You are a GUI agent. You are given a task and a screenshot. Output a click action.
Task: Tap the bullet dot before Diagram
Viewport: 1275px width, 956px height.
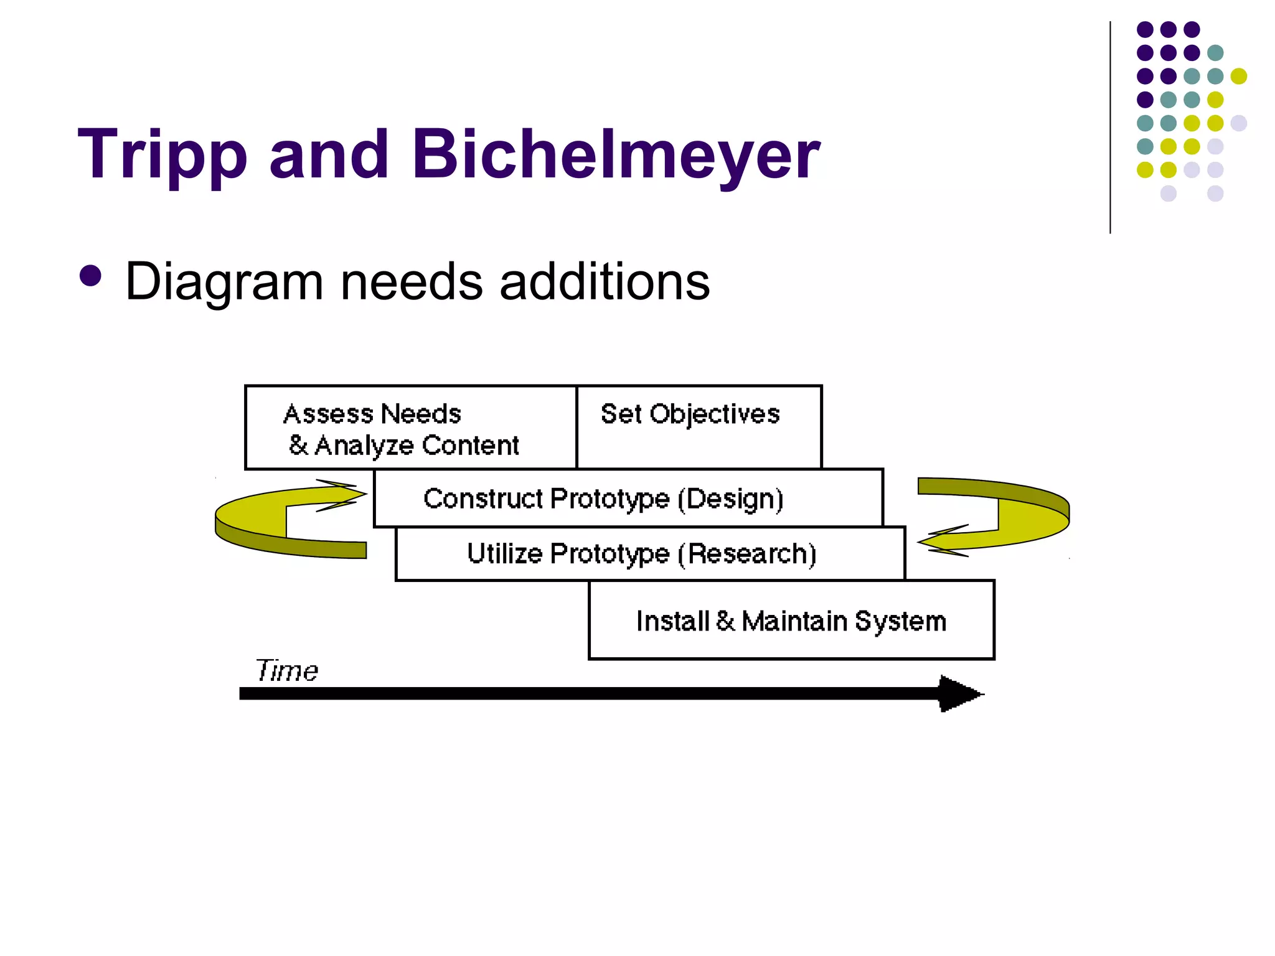coord(91,276)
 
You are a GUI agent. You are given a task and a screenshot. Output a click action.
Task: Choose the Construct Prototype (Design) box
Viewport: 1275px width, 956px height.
coord(628,499)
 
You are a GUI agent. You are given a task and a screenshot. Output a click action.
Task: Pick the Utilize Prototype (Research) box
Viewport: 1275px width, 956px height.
coord(650,554)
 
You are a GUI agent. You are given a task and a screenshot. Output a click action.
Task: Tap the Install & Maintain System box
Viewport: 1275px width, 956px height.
coord(791,621)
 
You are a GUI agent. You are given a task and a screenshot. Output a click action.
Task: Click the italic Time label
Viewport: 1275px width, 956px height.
coord(286,671)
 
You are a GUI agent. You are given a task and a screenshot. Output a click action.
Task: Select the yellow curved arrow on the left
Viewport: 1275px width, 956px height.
coord(261,523)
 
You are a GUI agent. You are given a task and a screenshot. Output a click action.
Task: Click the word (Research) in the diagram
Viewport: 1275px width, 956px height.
coord(747,554)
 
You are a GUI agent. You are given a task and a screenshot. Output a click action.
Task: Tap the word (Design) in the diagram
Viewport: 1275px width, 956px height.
coord(730,499)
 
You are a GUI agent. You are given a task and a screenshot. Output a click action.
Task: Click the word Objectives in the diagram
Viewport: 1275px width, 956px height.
coord(715,415)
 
